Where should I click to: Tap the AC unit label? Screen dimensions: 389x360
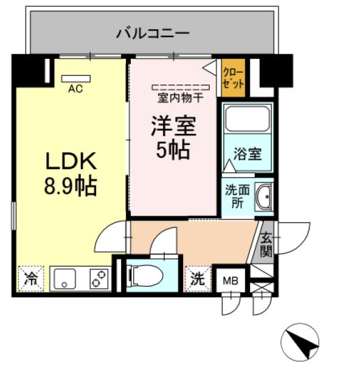pos(75,89)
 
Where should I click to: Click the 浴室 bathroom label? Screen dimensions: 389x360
pos(247,154)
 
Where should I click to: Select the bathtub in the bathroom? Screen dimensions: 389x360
pos(247,120)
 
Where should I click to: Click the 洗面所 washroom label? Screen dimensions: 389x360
pos(236,196)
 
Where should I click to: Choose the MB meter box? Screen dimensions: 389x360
pos(230,280)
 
